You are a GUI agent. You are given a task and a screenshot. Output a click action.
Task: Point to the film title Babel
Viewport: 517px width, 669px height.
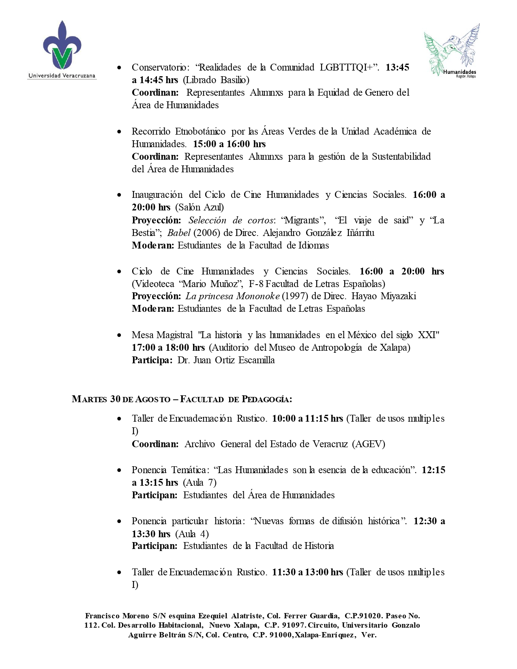coord(179,233)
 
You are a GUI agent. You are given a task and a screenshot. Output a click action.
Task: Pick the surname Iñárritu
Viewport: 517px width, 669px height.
coord(360,233)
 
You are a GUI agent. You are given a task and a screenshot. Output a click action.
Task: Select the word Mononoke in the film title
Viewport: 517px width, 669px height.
coord(258,296)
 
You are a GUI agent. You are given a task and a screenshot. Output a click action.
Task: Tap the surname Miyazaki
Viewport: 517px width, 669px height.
coord(398,296)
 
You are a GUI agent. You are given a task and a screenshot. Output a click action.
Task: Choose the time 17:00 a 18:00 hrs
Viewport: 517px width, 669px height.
coord(168,347)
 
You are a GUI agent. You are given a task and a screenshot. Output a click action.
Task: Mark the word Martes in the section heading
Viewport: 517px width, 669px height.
coord(89,399)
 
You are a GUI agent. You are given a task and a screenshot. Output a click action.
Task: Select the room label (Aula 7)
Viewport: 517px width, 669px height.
coord(200,482)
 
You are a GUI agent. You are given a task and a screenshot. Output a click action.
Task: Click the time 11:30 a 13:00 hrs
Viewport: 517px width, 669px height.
coord(307,572)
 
